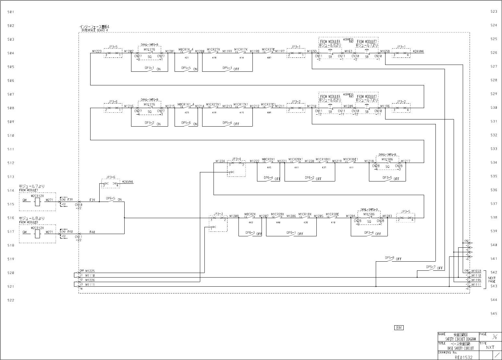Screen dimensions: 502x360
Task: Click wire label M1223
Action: tap(97, 51)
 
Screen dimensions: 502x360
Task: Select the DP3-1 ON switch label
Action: tap(152, 68)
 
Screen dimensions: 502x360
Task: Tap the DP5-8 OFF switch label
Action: tap(393, 258)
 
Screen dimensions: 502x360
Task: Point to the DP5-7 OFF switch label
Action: tap(434, 267)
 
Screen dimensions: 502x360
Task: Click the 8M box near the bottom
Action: tap(399, 328)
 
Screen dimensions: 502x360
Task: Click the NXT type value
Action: tap(490, 347)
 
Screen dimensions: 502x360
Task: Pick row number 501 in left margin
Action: tap(11, 12)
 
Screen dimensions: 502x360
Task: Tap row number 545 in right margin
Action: tap(494, 314)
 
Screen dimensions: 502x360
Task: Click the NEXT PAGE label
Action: tap(492, 280)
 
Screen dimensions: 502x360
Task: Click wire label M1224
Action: tap(220, 161)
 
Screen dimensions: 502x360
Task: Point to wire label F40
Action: tap(92, 232)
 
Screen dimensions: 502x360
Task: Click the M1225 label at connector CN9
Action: tap(90, 271)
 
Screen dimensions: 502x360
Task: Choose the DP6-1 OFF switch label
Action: tap(294, 233)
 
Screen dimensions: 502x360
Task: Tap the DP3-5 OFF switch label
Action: tap(390, 178)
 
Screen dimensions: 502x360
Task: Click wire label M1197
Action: tap(279, 51)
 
